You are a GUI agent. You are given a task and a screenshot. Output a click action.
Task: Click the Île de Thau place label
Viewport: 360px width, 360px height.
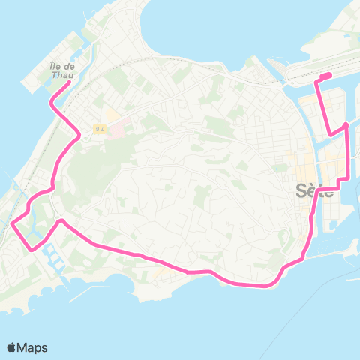pyautogui.click(x=62, y=70)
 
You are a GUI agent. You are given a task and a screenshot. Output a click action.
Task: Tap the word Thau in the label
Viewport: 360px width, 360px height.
pyautogui.click(x=62, y=75)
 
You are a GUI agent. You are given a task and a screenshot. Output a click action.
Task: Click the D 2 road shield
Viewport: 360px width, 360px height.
pyautogui.click(x=100, y=129)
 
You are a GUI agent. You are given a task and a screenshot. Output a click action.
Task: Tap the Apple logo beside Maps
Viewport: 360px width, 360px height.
pyautogui.click(x=11, y=348)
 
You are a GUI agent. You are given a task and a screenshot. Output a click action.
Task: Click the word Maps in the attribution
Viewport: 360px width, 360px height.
pyautogui.click(x=32, y=348)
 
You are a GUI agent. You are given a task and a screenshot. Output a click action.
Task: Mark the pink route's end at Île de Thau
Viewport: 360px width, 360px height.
pyautogui.click(x=70, y=83)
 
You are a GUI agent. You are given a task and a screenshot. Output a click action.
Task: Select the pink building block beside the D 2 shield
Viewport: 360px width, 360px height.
pyautogui.click(x=118, y=129)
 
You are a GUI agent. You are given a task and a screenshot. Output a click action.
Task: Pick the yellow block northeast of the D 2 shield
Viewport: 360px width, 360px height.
pyautogui.click(x=110, y=117)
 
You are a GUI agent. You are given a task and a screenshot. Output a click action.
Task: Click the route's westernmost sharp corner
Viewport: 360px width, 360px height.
pyautogui.click(x=13, y=222)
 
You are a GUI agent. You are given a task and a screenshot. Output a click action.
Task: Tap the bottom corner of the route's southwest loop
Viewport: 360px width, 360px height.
pyautogui.click(x=31, y=250)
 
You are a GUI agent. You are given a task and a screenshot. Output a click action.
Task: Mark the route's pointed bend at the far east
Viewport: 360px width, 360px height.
pyautogui.click(x=346, y=125)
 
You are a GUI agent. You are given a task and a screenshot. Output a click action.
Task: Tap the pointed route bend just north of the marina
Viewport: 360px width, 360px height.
pyautogui.click(x=60, y=221)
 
